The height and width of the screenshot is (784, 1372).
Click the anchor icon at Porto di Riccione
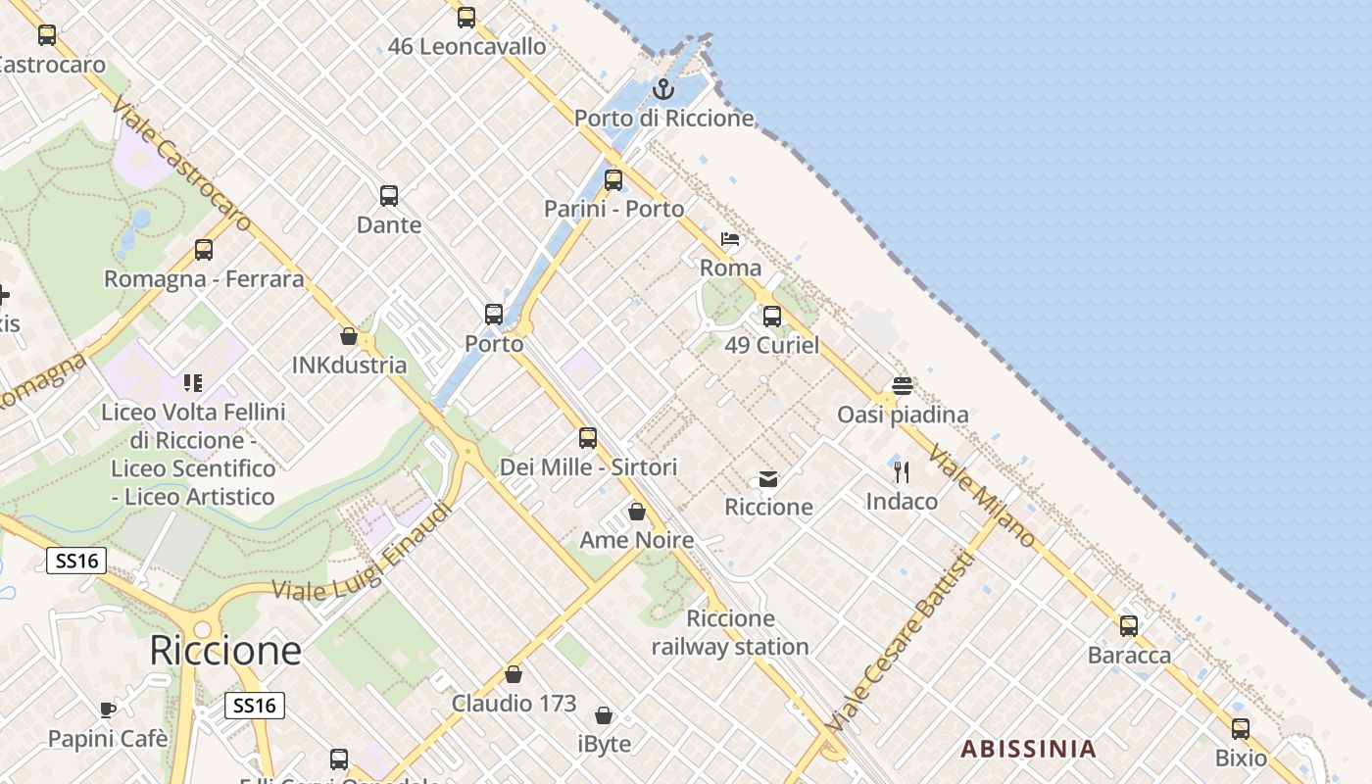(x=663, y=89)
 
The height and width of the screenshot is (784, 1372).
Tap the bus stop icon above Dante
(x=389, y=195)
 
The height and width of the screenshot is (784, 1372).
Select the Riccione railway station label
(x=730, y=632)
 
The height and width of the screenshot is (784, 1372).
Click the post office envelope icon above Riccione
(x=768, y=479)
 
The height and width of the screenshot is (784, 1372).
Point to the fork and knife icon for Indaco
(x=902, y=472)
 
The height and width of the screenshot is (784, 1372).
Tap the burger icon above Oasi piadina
(x=902, y=386)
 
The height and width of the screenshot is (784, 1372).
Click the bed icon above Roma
(x=730, y=238)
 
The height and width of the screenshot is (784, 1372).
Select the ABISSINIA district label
(x=1028, y=750)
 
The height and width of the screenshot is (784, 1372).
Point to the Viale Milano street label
(x=982, y=497)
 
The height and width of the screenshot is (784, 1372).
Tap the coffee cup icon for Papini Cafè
(x=108, y=710)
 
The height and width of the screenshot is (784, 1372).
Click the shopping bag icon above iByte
(x=604, y=715)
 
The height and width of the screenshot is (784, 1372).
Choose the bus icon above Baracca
(x=1129, y=625)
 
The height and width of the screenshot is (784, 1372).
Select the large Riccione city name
(x=225, y=651)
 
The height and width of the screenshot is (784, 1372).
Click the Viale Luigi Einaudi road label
(x=364, y=551)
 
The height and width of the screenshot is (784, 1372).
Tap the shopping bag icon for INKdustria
(x=348, y=336)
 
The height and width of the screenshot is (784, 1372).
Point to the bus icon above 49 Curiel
(x=772, y=316)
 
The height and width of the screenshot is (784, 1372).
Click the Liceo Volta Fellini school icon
(x=193, y=382)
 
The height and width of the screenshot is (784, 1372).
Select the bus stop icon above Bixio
(x=1241, y=728)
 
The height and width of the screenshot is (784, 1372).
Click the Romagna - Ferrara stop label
(x=204, y=279)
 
